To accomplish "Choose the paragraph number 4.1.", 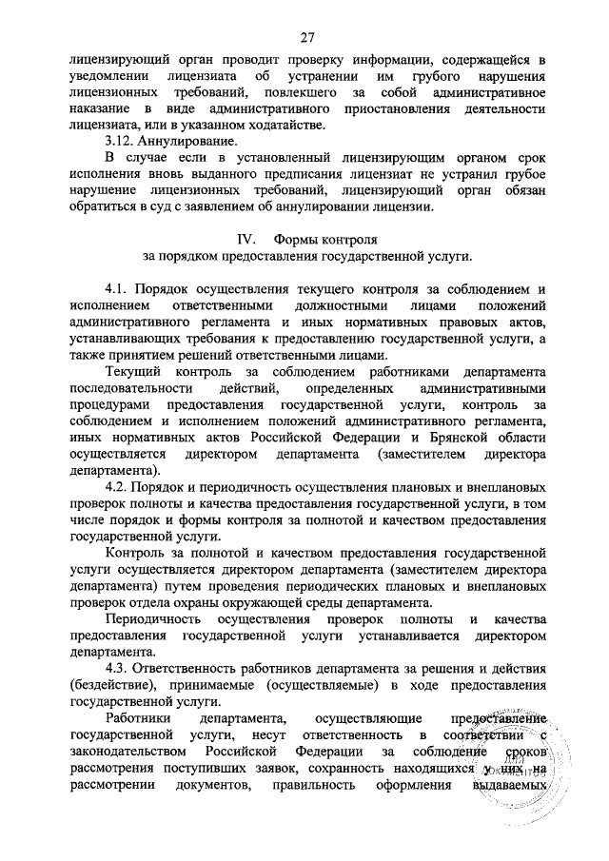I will [x=119, y=288].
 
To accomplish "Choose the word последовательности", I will [x=129, y=389].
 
